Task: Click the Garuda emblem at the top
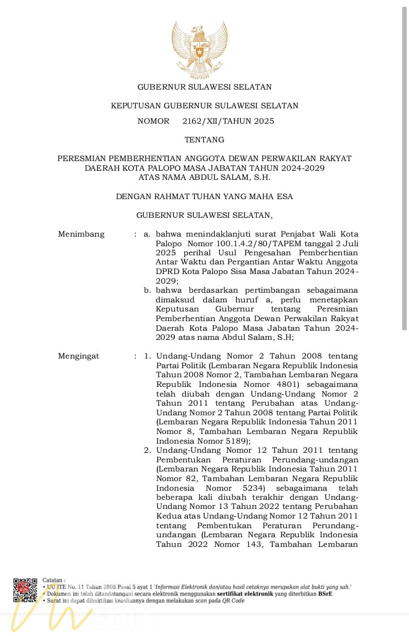[200, 50]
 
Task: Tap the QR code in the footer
[25, 590]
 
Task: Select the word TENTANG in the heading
[204, 140]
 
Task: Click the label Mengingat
[78, 356]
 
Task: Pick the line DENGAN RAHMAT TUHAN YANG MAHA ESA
[204, 196]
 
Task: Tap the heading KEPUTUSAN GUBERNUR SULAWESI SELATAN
[204, 106]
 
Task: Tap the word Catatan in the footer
[53, 580]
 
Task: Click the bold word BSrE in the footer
[325, 593]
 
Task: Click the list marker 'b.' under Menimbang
[147, 290]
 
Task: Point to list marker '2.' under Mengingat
[147, 450]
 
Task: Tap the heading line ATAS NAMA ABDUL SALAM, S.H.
[204, 177]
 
